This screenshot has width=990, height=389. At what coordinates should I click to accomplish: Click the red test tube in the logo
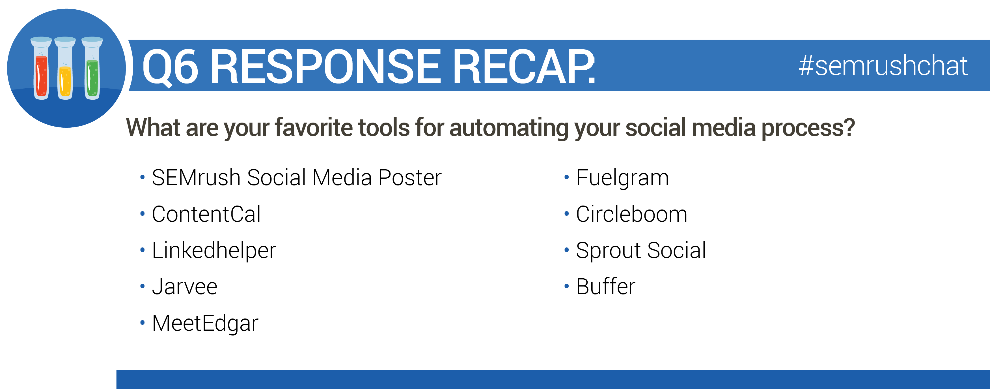point(41,68)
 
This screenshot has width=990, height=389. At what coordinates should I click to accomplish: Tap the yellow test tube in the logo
point(65,68)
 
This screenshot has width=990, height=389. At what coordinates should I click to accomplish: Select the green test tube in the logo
point(92,68)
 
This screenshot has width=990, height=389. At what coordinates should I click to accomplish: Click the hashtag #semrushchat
point(883,65)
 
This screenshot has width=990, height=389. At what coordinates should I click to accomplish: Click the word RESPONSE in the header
point(325,66)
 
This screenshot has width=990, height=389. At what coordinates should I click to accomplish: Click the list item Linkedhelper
point(214,251)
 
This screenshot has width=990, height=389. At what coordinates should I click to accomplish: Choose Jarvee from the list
point(185,287)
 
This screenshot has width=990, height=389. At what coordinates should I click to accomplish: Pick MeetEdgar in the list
point(205,324)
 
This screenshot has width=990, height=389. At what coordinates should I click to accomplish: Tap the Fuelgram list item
point(623,178)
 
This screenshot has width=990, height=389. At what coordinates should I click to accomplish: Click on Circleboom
point(632,214)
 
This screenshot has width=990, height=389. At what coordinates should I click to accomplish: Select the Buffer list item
point(606,286)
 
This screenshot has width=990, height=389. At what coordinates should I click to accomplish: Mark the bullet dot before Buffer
point(566,286)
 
